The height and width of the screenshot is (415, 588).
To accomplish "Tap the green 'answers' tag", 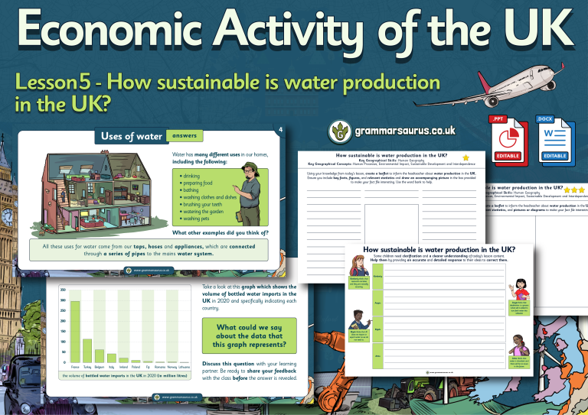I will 184,136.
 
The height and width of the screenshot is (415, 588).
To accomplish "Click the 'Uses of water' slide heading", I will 132,137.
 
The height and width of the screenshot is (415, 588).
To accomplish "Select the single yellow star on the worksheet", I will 465,157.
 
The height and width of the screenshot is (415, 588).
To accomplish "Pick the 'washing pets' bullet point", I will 194,219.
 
